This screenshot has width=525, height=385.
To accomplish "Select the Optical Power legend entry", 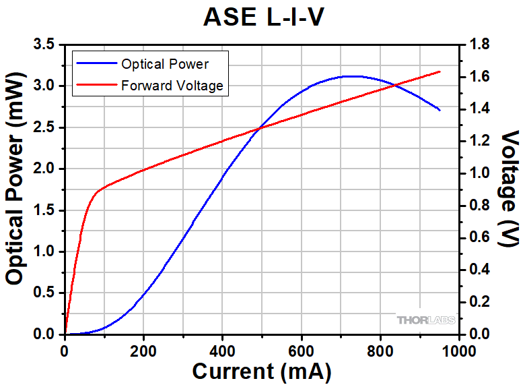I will [x=164, y=65].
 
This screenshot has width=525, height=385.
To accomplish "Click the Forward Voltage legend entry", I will [x=172, y=86].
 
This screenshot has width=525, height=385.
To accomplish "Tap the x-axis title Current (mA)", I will [x=262, y=371].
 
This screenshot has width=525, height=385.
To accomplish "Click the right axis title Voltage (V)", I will [x=510, y=189].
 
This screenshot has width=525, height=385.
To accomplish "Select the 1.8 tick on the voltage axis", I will [x=479, y=45].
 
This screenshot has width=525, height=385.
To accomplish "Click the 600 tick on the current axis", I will [x=302, y=351].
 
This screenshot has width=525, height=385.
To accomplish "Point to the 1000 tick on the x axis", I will [x=459, y=351].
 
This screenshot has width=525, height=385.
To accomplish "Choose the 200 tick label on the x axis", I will [x=143, y=351].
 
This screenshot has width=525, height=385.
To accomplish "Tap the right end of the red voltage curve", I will [x=440, y=71].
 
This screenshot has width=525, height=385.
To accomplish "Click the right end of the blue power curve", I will [x=440, y=110].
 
